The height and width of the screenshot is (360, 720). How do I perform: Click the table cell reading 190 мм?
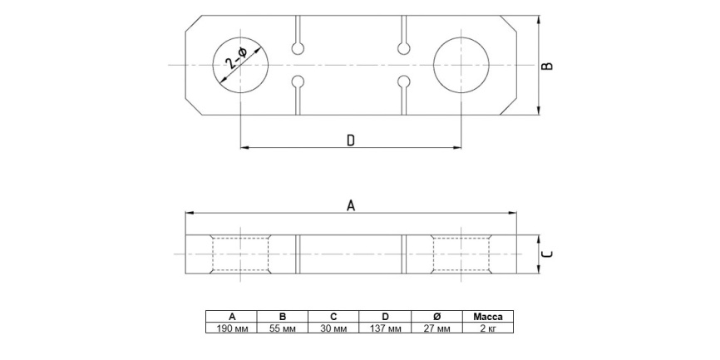coord(232,328)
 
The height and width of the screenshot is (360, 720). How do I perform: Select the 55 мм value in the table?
coord(283,328)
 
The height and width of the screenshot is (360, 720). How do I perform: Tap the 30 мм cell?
coord(334,328)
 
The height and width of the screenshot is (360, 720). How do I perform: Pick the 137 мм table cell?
coord(386,328)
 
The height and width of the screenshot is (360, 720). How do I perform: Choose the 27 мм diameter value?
coord(436,328)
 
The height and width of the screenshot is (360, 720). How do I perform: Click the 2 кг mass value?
coord(488,328)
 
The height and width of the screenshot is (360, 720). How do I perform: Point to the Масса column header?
coord(488,317)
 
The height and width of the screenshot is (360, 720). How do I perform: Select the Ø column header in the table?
coord(436,317)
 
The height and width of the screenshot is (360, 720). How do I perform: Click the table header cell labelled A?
coord(232,317)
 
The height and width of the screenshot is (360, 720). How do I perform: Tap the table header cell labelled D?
coord(386,317)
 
